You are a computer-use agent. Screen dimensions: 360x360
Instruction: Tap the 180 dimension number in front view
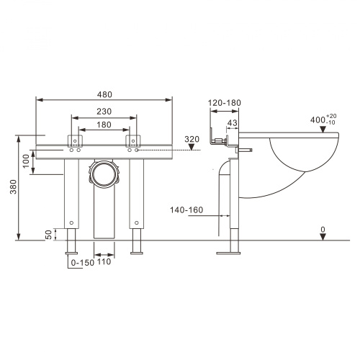click(105, 125)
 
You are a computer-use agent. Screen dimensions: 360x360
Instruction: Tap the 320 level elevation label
click(191, 138)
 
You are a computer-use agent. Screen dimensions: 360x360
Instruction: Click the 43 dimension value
click(233, 122)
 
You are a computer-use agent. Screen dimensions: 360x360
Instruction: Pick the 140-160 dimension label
click(187, 210)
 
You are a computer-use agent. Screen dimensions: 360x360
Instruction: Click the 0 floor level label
click(324, 230)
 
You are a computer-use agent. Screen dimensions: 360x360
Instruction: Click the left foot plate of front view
click(73, 252)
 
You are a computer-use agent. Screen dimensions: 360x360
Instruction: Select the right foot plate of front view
click(137, 252)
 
